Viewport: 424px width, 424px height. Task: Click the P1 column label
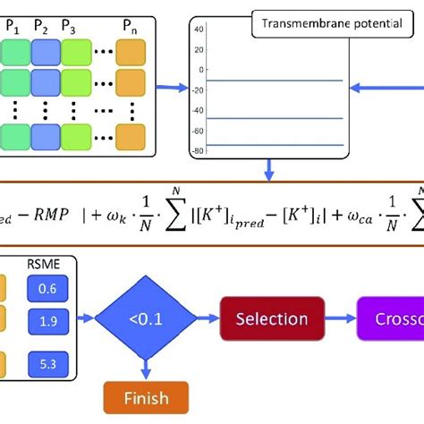18,26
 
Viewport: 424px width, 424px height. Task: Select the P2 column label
42,26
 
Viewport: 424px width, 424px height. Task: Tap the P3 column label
69,26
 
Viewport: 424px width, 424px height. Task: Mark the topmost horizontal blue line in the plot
275,81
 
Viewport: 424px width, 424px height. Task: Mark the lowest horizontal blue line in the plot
275,145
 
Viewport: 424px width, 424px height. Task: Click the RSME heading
44,266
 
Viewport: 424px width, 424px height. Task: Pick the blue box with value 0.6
44,288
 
